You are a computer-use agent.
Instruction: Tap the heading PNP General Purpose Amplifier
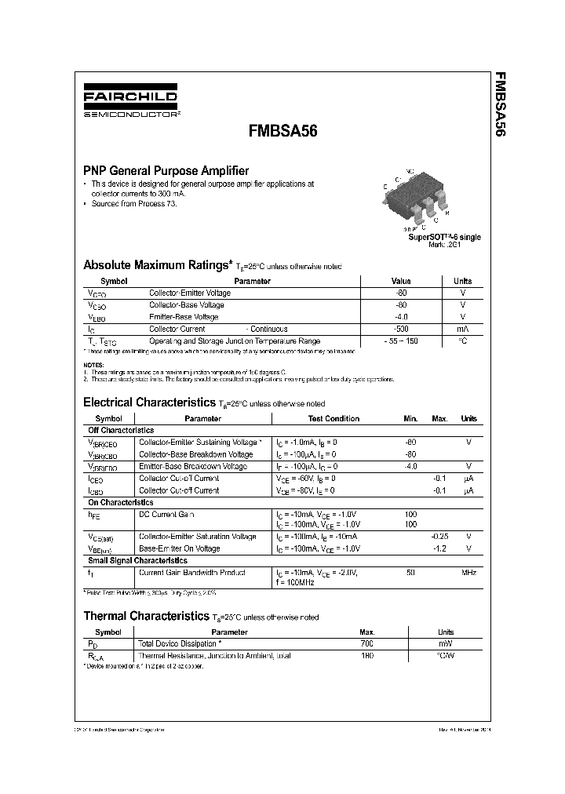(x=166, y=170)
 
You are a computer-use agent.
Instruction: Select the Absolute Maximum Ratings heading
(x=158, y=265)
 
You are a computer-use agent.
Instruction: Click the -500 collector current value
(x=401, y=330)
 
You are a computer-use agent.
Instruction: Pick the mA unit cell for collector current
(x=462, y=330)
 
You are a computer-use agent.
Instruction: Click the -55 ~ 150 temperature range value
(x=401, y=342)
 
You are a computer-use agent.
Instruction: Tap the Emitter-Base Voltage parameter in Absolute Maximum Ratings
(x=184, y=317)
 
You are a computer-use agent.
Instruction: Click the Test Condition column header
(x=334, y=419)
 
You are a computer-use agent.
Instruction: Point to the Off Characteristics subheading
(x=121, y=431)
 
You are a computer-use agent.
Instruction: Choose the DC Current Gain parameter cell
(x=166, y=514)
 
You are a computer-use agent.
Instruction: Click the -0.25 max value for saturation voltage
(x=439, y=537)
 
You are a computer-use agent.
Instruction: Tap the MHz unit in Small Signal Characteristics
(x=468, y=573)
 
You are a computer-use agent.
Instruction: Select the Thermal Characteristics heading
(x=147, y=617)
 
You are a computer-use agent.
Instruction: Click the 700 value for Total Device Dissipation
(x=366, y=643)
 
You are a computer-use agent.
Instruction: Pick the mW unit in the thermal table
(x=445, y=643)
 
